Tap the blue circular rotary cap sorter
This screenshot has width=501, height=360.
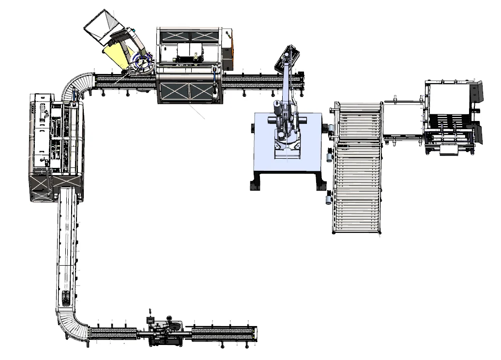click(142, 63)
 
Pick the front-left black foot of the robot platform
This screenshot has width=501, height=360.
click(256, 185)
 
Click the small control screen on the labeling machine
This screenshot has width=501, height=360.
click(152, 320)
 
